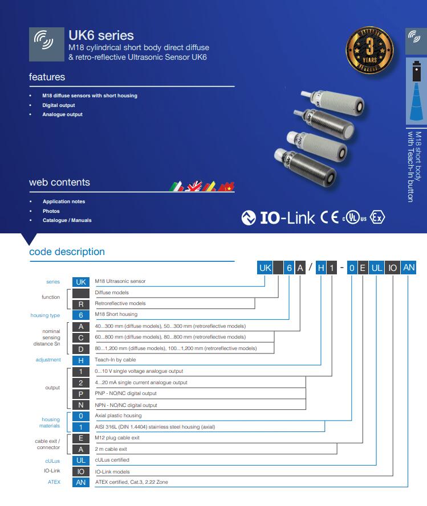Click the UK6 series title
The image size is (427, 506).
click(101, 35)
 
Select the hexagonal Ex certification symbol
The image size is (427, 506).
click(377, 217)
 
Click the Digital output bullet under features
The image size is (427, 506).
click(58, 105)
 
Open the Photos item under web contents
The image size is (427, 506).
click(51, 211)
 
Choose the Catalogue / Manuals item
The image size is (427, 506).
click(67, 220)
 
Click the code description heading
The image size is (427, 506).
click(67, 252)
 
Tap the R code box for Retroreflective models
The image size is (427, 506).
click(81, 304)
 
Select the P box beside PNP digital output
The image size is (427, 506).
click(81, 393)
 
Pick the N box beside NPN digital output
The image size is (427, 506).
click(81, 405)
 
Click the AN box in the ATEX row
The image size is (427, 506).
click(81, 482)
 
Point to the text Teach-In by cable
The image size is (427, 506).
click(115, 360)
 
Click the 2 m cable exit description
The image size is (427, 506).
click(111, 449)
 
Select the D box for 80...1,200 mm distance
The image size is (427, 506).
click(81, 348)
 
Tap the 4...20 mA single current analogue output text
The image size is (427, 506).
click(141, 382)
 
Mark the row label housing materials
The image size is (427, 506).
click(50, 422)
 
